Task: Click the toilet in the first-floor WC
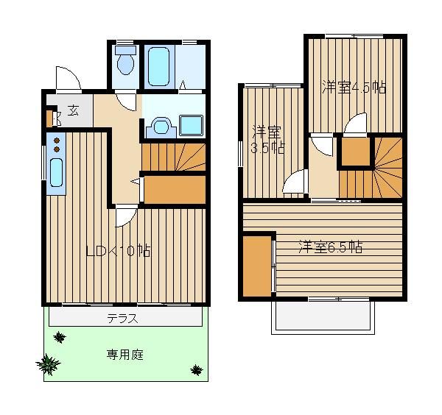click(126, 60)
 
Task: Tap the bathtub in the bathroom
click(158, 66)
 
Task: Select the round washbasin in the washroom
click(161, 127)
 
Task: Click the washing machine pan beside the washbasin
click(191, 125)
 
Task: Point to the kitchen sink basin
click(57, 172)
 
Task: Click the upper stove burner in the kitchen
click(57, 141)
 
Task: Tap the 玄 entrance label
click(73, 110)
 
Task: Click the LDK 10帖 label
click(118, 251)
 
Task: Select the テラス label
click(122, 319)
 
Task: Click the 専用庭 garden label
click(125, 355)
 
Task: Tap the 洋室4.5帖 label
click(354, 87)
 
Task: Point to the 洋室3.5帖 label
click(268, 139)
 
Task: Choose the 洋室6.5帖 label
click(330, 247)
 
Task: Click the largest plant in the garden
click(48, 364)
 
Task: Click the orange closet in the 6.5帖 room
click(257, 266)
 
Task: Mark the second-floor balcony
click(323, 317)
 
